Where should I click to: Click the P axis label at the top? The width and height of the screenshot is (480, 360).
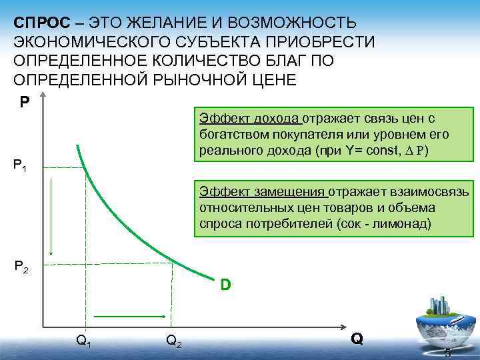point(24,103)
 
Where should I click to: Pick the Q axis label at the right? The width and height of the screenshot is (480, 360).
point(357,339)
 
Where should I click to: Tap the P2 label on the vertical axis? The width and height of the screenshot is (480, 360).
point(21,268)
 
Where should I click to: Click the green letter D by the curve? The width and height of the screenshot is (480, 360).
point(226,285)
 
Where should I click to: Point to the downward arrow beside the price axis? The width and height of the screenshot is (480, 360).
point(51,217)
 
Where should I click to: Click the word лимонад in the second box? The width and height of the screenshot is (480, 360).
point(409,224)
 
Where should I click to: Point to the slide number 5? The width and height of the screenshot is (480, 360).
point(448,353)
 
